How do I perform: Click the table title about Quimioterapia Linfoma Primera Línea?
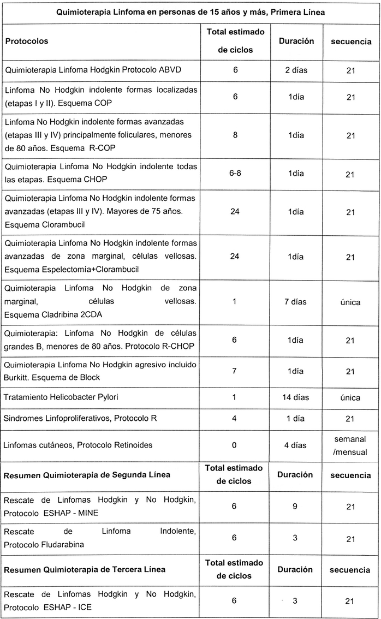(190, 13)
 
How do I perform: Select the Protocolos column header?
(27, 41)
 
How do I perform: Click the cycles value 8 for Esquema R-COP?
(235, 135)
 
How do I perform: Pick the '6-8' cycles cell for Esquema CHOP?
(235, 174)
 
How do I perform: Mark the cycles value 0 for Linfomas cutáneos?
(235, 445)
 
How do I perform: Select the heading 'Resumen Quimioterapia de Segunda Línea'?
(87, 475)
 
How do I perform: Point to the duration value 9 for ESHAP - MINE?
(295, 507)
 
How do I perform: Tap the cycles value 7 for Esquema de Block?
(235, 371)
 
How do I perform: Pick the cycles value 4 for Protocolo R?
(235, 419)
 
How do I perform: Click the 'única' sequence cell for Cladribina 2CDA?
(350, 302)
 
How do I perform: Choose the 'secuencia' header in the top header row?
(350, 41)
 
